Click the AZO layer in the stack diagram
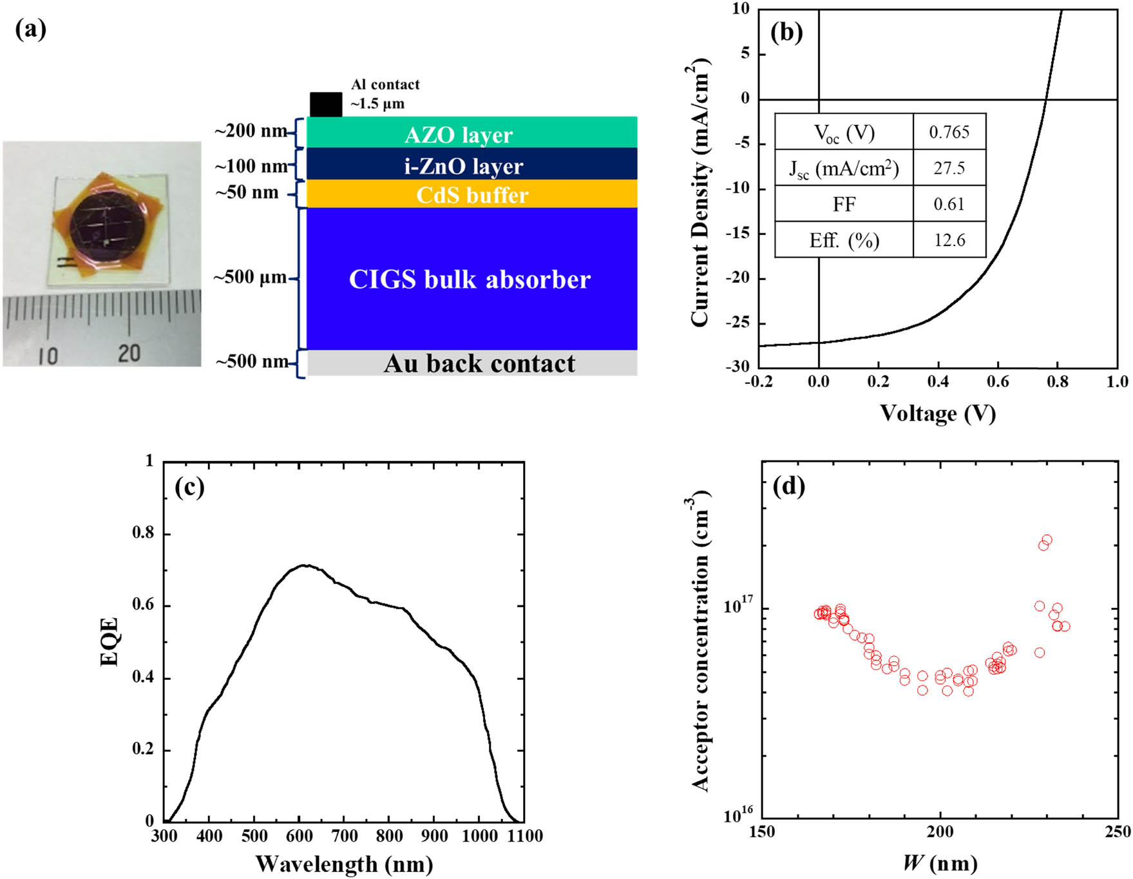click(471, 133)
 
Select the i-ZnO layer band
click(471, 165)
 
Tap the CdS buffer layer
click(471, 194)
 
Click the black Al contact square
click(326, 104)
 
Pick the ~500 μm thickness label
click(250, 278)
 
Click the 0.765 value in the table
click(949, 132)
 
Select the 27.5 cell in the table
click(949, 168)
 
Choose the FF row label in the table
click(844, 204)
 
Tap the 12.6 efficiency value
click(949, 240)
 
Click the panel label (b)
click(786, 32)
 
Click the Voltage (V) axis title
click(937, 413)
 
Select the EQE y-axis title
click(110, 641)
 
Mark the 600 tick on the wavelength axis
click(299, 836)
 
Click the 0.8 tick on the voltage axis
click(1057, 382)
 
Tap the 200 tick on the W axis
click(940, 831)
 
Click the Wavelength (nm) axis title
click(344, 864)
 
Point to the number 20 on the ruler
click(129, 353)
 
